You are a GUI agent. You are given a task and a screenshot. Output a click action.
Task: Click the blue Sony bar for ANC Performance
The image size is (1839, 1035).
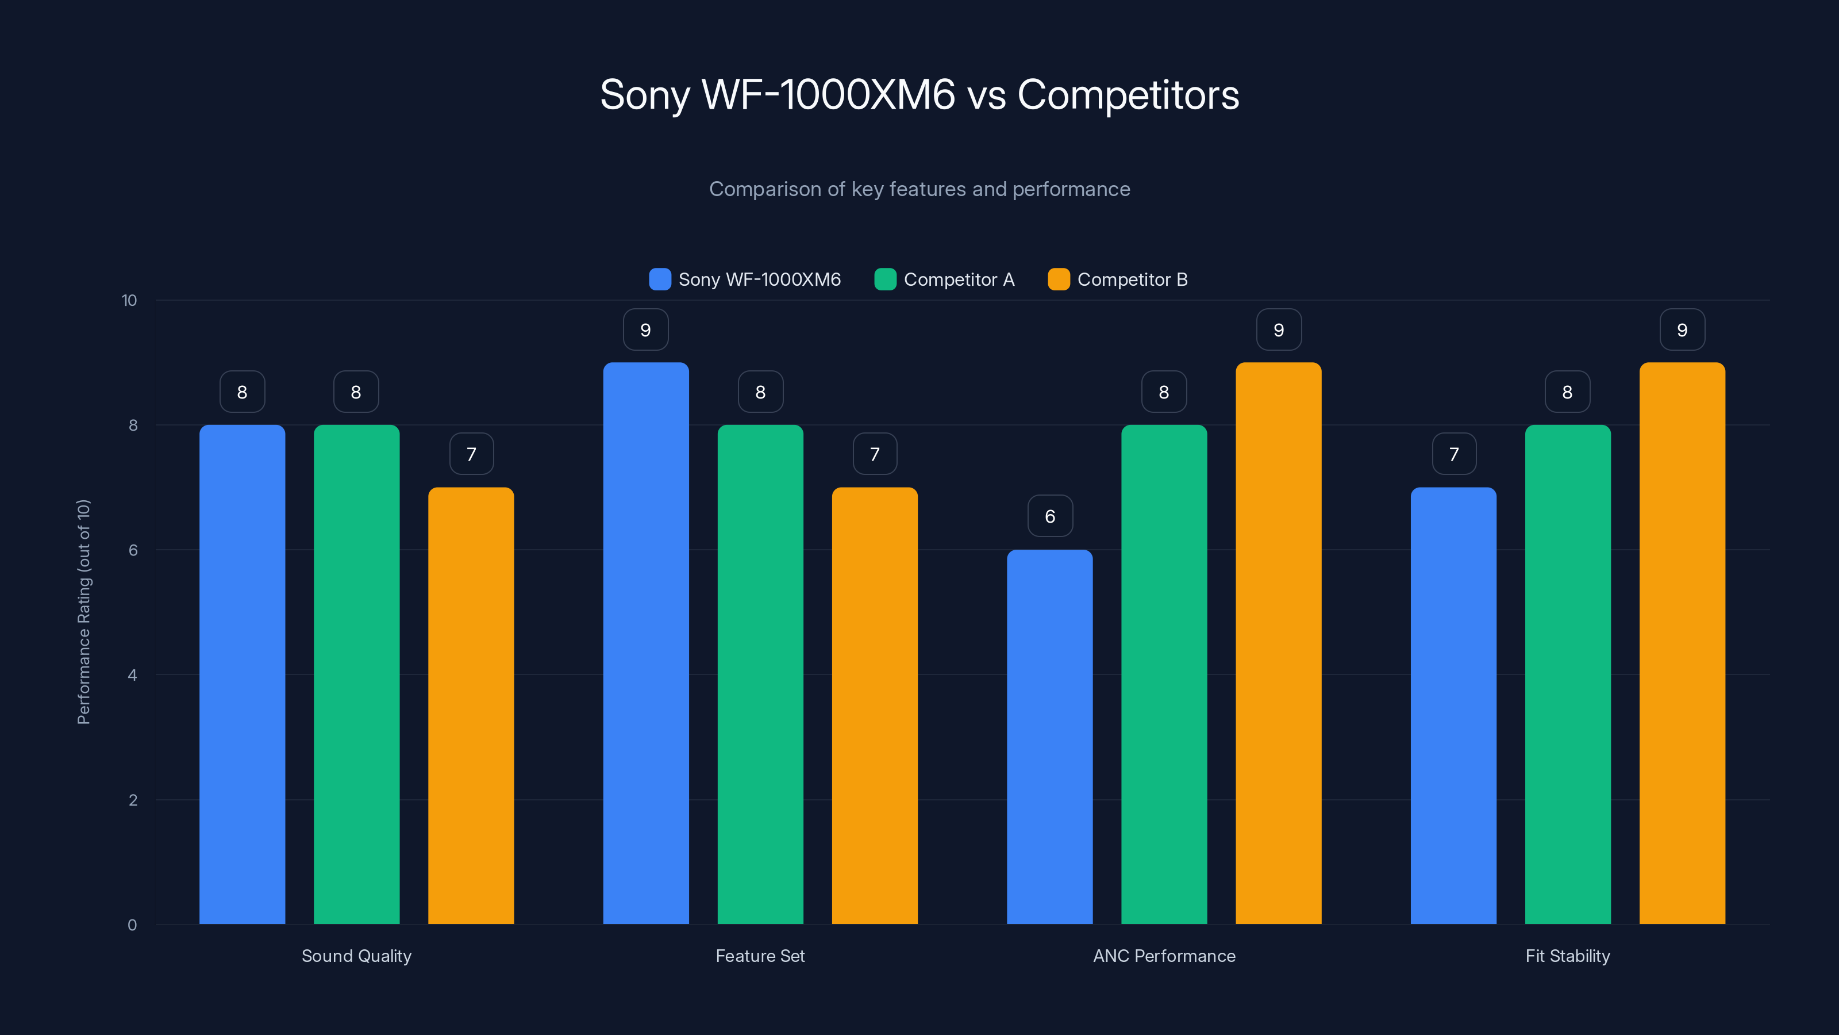pyautogui.click(x=1049, y=736)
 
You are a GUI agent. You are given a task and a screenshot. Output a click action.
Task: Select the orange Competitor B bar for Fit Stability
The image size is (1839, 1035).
pyautogui.click(x=1682, y=643)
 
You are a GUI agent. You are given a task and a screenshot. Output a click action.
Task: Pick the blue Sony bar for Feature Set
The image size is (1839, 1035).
pyautogui.click(x=645, y=643)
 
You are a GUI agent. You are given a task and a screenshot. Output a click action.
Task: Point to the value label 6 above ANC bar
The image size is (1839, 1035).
pyautogui.click(x=1049, y=516)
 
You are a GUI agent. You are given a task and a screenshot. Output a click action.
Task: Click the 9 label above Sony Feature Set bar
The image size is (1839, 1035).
pyautogui.click(x=645, y=329)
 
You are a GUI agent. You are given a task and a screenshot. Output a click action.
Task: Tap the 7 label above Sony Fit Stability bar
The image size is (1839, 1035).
pyautogui.click(x=1453, y=454)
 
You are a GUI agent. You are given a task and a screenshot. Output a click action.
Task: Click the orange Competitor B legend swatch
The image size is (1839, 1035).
pyautogui.click(x=1059, y=279)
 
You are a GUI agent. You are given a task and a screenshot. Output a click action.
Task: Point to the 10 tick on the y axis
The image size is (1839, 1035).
pyautogui.click(x=129, y=300)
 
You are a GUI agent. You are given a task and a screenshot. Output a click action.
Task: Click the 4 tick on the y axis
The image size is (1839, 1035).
pyautogui.click(x=132, y=675)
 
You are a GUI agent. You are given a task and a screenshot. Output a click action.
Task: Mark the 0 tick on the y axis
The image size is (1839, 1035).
pyautogui.click(x=132, y=925)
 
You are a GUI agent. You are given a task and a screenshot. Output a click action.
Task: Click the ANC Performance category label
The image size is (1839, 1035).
pyautogui.click(x=1164, y=956)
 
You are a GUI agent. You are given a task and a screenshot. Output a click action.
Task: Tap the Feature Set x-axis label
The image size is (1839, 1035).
pyautogui.click(x=760, y=956)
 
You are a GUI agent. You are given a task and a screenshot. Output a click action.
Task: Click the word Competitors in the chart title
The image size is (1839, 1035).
pyautogui.click(x=1128, y=94)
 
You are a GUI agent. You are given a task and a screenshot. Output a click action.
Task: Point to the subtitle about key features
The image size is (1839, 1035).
pyautogui.click(x=919, y=189)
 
